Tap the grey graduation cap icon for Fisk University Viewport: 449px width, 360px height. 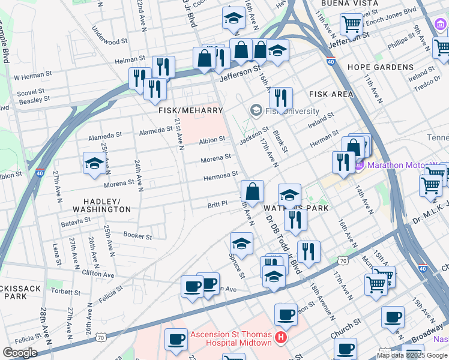click(256, 110)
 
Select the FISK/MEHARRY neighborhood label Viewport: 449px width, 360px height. click(190, 110)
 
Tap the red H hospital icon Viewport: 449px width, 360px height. click(280, 340)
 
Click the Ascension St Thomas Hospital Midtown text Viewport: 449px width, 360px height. click(232, 339)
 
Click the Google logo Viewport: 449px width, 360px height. click(20, 353)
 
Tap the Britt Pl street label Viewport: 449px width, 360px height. click(217, 204)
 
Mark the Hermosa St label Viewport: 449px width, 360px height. click(220, 176)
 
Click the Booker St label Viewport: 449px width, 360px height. click(137, 236)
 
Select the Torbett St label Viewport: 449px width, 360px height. click(66, 292)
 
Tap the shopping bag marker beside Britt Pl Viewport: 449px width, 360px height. click(253, 191)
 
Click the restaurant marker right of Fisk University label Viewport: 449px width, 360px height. click(281, 98)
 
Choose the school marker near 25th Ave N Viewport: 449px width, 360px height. click(94, 164)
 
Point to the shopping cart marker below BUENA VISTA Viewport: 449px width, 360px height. click(352, 25)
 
